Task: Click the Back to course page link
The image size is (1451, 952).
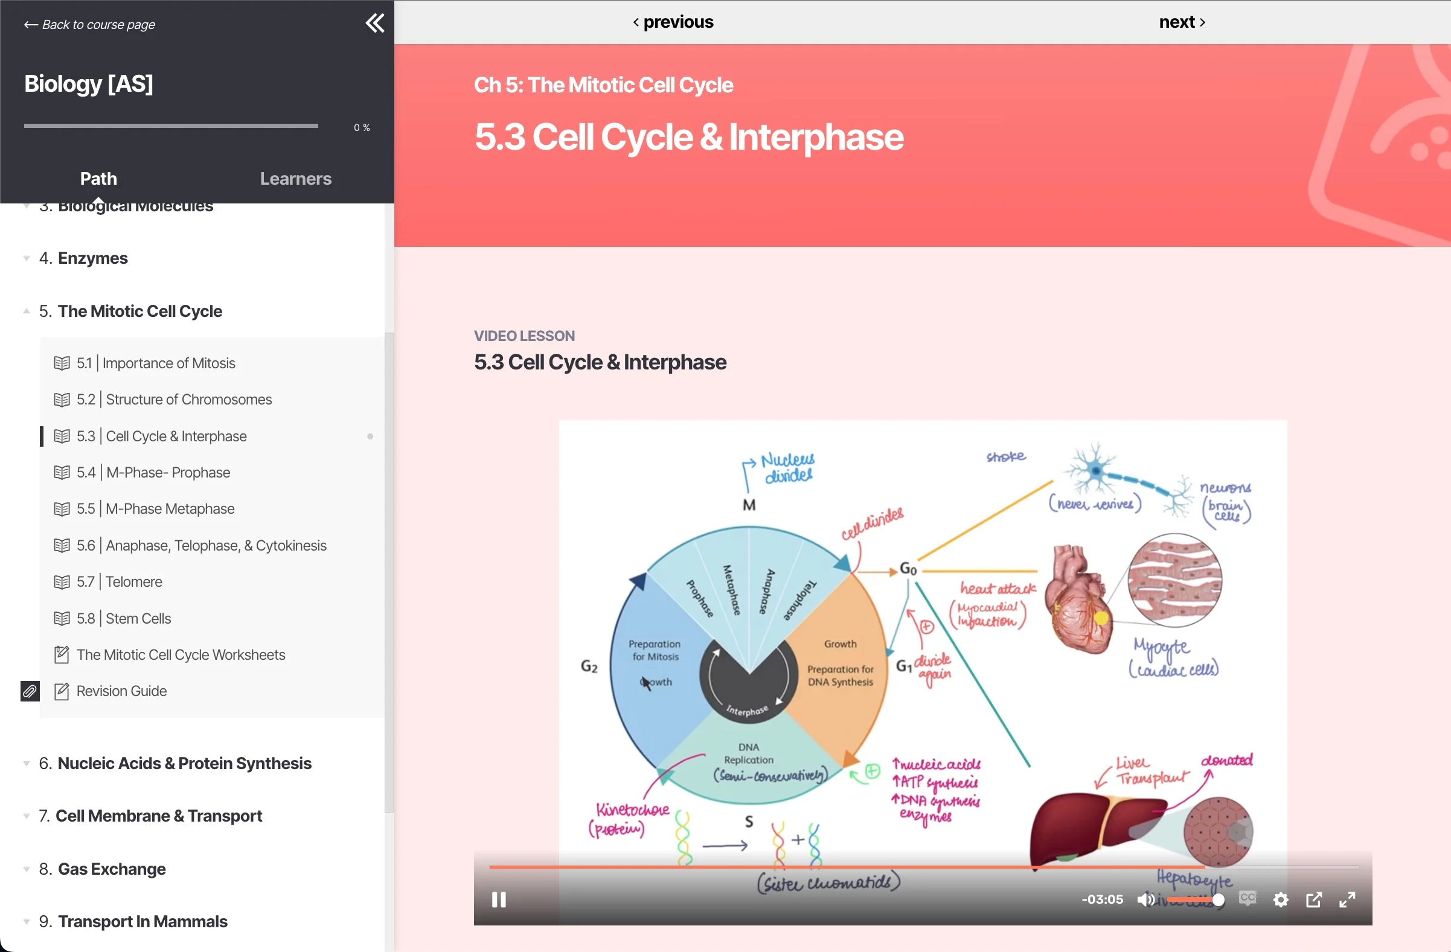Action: coord(89,25)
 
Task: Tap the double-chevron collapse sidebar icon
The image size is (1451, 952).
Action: coord(374,23)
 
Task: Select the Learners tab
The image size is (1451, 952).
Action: coord(296,179)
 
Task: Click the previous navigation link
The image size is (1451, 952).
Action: coord(673,22)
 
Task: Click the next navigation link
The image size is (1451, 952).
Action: coord(1182,22)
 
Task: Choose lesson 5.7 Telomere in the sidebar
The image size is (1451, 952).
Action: coord(133,581)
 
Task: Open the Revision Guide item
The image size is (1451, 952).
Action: coord(121,691)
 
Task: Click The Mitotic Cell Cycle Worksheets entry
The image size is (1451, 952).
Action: coord(181,654)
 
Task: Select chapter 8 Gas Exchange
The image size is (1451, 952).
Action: coord(112,869)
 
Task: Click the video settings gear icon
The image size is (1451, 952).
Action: coord(1280,899)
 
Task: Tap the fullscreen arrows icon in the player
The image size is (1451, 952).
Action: coord(1347,899)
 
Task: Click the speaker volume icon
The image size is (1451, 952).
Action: coord(1145,899)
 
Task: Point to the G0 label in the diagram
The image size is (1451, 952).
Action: coord(908,569)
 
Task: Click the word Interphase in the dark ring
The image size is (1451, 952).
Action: coord(747,711)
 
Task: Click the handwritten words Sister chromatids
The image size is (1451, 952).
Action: coord(828,883)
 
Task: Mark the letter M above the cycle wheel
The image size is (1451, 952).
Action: coord(749,505)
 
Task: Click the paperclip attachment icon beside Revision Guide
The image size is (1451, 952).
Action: coord(30,691)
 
